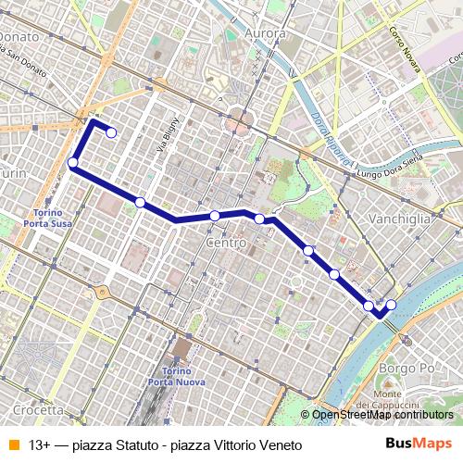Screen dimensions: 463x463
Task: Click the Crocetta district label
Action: [32, 409]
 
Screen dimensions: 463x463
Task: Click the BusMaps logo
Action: [419, 444]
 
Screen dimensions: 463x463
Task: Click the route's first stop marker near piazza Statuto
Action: [111, 132]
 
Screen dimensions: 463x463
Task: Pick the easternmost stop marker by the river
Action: [391, 305]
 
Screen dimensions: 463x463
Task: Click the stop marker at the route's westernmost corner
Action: [72, 163]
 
